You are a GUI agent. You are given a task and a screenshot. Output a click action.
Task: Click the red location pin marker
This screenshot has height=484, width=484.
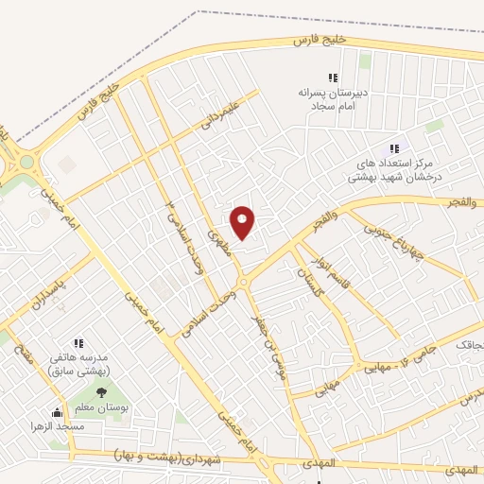coord(243,223)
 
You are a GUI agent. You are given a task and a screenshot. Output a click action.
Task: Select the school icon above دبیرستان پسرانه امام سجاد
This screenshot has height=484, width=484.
coord(332,78)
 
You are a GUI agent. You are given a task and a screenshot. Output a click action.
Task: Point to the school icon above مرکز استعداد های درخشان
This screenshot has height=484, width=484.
coord(394,148)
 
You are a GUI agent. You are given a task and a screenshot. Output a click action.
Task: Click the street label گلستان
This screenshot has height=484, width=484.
coord(309,282)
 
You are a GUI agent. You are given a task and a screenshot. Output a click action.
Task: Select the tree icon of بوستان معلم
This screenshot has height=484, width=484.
coord(99,392)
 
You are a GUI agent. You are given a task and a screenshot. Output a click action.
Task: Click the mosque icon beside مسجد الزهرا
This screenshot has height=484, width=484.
coord(57,413)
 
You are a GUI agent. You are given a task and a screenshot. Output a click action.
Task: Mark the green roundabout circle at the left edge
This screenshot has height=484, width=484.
coord(26,162)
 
